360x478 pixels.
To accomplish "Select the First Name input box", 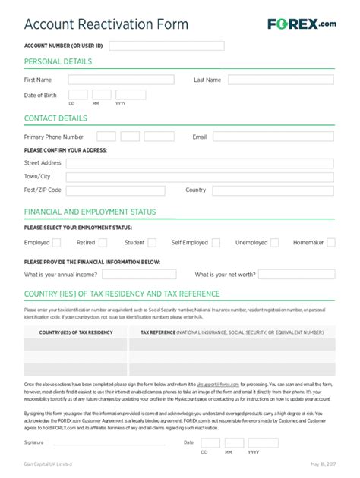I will click(122, 80).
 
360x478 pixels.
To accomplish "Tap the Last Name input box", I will click(281, 80).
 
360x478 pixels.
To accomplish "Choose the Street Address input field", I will click(200, 163).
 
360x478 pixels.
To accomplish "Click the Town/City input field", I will click(200, 177).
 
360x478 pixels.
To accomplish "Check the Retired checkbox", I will click(103, 243).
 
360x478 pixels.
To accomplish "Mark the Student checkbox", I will click(152, 243).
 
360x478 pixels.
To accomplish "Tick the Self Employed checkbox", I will click(216, 243).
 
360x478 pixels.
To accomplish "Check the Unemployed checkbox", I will click(275, 243).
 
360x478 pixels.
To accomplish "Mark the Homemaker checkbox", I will click(331, 243).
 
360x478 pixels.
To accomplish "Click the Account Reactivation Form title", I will click(106, 24).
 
